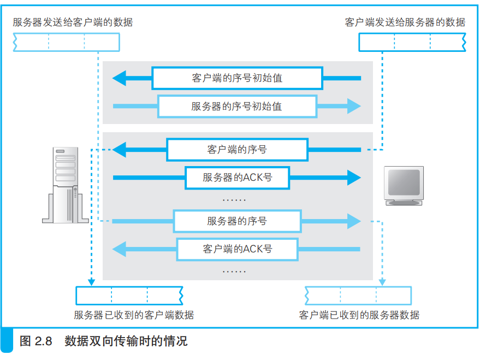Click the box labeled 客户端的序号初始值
(x=237, y=78)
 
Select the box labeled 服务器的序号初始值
(x=237, y=106)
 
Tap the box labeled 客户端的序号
(x=237, y=149)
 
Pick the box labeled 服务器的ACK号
(x=237, y=177)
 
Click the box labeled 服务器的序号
(x=237, y=221)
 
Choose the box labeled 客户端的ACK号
(x=237, y=249)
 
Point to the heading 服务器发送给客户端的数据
(x=73, y=22)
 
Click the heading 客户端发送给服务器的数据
(x=405, y=22)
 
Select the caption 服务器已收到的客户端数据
(x=134, y=315)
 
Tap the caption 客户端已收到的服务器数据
(x=359, y=315)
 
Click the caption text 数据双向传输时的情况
(x=126, y=342)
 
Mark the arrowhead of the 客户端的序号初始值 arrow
(x=119, y=78)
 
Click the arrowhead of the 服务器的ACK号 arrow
(x=354, y=177)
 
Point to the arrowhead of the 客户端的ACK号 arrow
(x=119, y=249)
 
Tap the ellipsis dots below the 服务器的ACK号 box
(x=234, y=199)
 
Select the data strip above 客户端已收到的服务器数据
(x=358, y=296)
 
